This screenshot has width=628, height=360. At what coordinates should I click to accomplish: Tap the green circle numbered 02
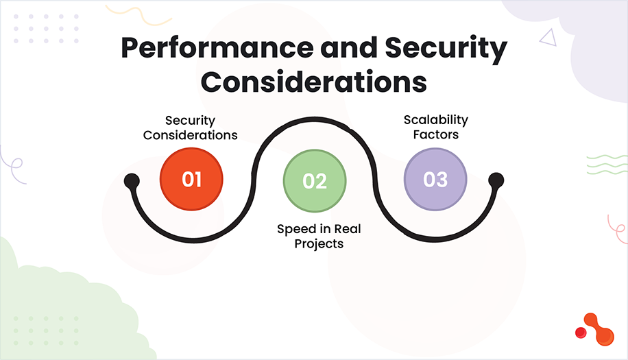point(315,181)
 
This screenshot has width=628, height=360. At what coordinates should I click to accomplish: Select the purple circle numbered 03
point(435,180)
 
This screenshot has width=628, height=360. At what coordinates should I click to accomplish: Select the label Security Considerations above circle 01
point(191,127)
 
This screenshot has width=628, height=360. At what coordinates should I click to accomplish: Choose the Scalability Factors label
point(436,127)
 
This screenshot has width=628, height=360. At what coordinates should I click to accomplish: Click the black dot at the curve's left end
point(132,182)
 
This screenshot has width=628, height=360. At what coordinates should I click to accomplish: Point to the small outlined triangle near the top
point(547,37)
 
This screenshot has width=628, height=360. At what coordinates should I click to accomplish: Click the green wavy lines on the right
point(607,165)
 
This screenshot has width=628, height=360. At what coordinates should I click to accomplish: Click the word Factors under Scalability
point(436,134)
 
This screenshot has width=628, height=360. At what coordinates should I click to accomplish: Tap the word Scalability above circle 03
point(436,119)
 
